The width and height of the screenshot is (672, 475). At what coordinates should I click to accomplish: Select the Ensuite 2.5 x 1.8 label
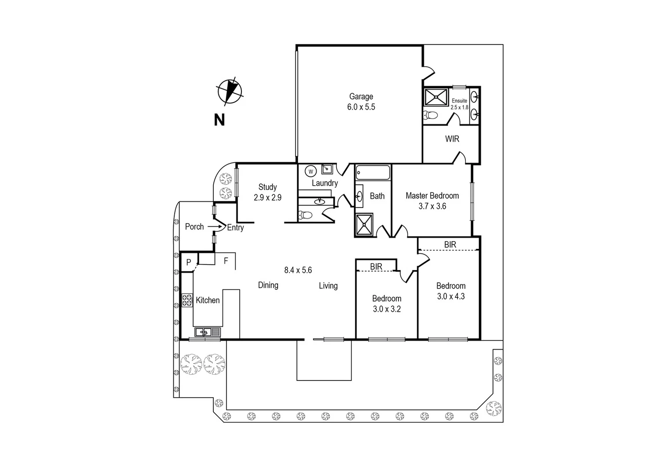pyautogui.click(x=460, y=104)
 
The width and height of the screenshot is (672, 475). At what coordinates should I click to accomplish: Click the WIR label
pyautogui.click(x=452, y=139)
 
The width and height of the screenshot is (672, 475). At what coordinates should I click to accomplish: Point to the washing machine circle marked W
pyautogui.click(x=311, y=171)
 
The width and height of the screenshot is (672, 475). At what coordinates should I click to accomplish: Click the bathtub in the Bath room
pyautogui.click(x=373, y=172)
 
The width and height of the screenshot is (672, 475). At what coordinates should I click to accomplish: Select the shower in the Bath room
pyautogui.click(x=364, y=225)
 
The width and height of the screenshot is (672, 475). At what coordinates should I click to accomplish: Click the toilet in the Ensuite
pyautogui.click(x=431, y=116)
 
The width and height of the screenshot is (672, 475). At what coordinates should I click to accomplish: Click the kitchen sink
pyautogui.click(x=207, y=332)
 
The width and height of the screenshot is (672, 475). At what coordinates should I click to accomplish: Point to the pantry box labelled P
pyautogui.click(x=189, y=263)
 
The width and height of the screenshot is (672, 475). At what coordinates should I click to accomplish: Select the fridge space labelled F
pyautogui.click(x=226, y=261)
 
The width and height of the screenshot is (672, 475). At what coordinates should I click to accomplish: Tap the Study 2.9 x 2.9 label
pyautogui.click(x=267, y=192)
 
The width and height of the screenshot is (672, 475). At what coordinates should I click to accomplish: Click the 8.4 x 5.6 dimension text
pyautogui.click(x=298, y=270)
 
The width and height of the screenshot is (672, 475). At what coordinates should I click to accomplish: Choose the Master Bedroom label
pyautogui.click(x=432, y=201)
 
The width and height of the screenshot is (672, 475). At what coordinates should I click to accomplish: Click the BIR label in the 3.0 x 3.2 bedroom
pyautogui.click(x=376, y=267)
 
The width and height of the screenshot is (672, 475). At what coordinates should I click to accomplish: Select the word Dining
pyautogui.click(x=268, y=285)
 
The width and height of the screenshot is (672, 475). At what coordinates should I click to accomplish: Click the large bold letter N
pyautogui.click(x=219, y=120)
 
